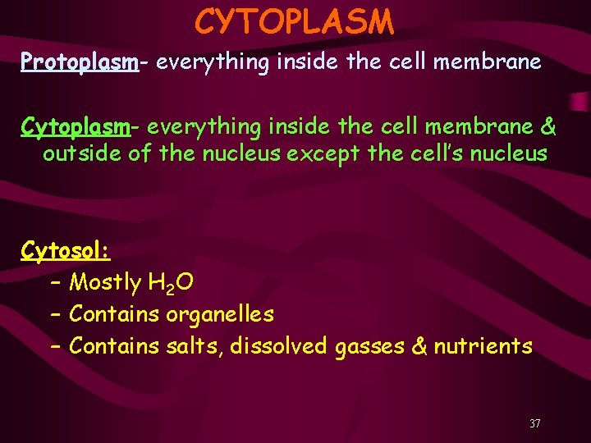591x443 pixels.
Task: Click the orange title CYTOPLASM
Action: pyautogui.click(x=295, y=22)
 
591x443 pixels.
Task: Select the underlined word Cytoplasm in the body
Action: pyautogui.click(x=76, y=127)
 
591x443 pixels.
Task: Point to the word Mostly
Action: pyautogui.click(x=105, y=283)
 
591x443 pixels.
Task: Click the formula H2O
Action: pyautogui.click(x=172, y=284)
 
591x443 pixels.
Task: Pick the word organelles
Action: pyautogui.click(x=220, y=314)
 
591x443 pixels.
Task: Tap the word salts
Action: pyautogui.click(x=193, y=346)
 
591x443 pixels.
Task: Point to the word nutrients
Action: pyautogui.click(x=483, y=346)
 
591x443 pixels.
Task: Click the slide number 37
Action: pyautogui.click(x=534, y=424)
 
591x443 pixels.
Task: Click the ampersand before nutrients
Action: pyautogui.click(x=419, y=346)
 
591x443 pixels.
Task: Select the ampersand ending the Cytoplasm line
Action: pyautogui.click(x=548, y=127)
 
